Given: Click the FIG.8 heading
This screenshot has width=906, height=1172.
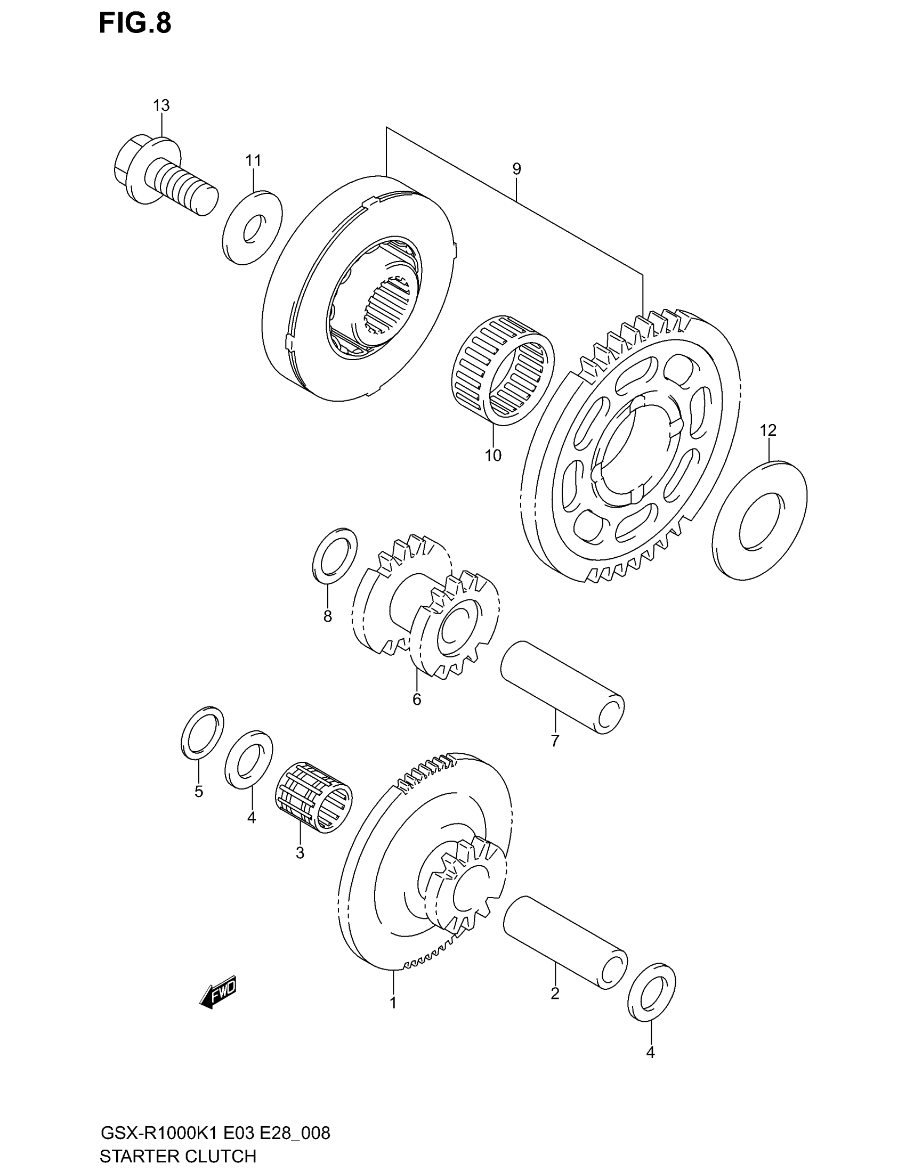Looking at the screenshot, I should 135,24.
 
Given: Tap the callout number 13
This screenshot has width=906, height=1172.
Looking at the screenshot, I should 161,105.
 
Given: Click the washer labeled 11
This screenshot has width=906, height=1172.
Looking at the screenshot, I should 252,227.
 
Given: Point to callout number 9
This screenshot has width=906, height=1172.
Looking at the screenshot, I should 516,169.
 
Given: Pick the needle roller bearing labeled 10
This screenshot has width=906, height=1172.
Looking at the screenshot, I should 503,370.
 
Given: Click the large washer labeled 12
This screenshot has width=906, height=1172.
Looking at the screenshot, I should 760,520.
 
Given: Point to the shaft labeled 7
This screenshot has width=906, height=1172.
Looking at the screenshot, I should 562,687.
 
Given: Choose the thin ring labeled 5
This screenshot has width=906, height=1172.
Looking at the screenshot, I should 203,734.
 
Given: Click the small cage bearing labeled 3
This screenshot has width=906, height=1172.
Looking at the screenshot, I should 313,797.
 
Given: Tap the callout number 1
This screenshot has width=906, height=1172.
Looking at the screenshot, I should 393,1003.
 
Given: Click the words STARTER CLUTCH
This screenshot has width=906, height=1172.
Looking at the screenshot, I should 177,1155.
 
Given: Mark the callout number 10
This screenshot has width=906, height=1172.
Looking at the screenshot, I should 493,455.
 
